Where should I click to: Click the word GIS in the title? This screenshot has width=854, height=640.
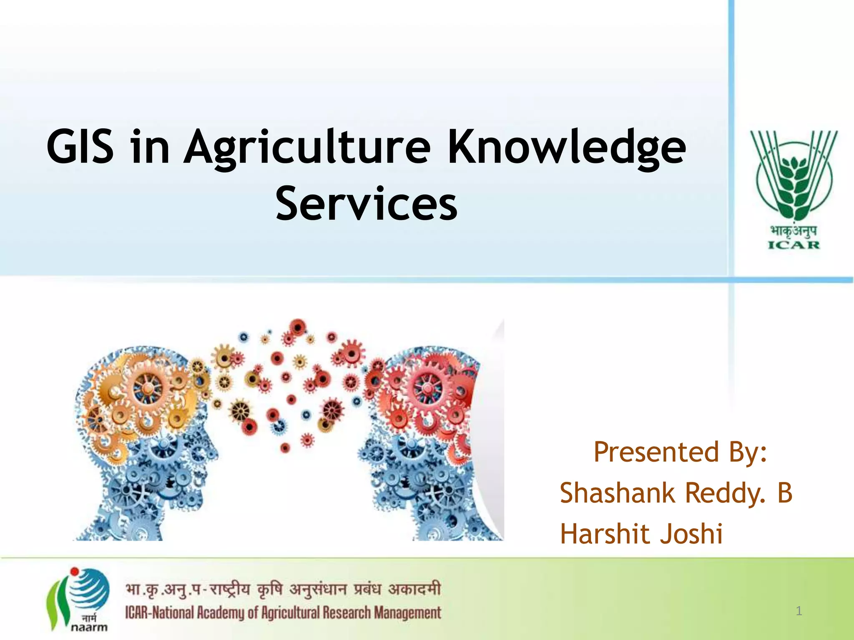point(80,147)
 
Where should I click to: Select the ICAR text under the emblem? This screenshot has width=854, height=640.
point(794,245)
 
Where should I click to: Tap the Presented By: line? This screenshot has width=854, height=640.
point(680,452)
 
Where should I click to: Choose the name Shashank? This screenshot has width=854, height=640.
point(617,493)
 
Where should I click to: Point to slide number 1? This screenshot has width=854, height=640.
point(799,611)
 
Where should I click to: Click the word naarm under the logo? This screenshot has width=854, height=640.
point(89,627)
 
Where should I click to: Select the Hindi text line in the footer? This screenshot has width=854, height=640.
point(283,590)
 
